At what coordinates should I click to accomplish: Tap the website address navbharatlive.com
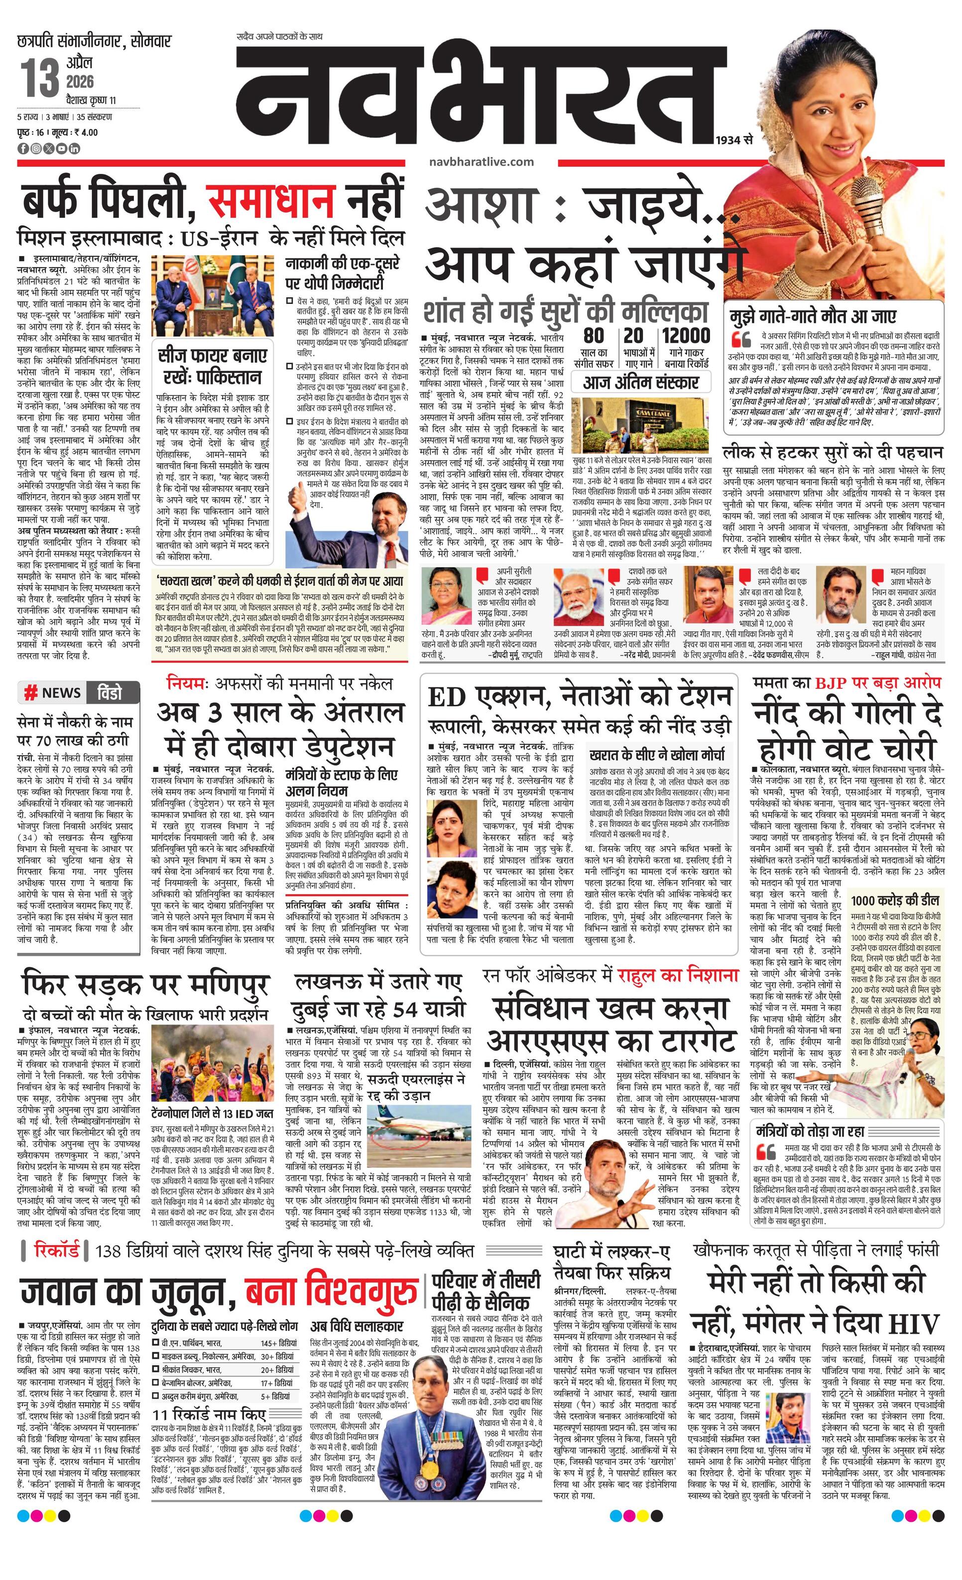pyautogui.click(x=479, y=162)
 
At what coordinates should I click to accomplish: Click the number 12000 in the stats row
pyautogui.click(x=686, y=335)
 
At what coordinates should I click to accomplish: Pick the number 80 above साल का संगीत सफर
pyautogui.click(x=594, y=335)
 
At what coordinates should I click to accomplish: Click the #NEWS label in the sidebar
pyautogui.click(x=53, y=692)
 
